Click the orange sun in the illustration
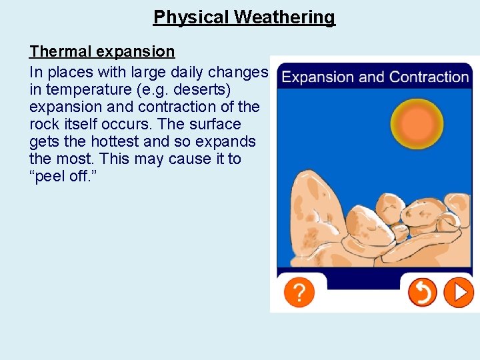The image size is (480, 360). coord(418,123)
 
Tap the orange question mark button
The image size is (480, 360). coord(299,292)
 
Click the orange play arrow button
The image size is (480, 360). coord(459,292)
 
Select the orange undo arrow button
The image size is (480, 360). coord(422,292)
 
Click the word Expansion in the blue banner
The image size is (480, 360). coord(318,77)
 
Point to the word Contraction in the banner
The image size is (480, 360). coord(429,77)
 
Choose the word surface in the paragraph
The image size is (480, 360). coord(215,124)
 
